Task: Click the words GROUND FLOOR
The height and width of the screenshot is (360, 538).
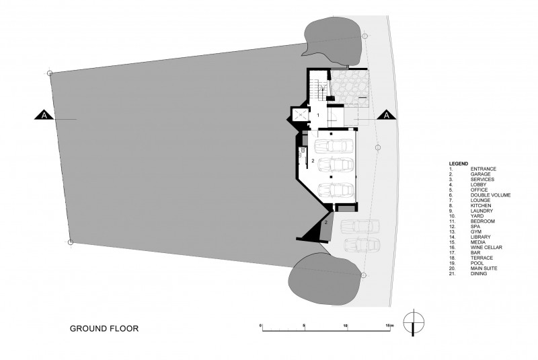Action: click(104, 328)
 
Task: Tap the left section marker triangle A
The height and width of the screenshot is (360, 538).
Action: click(44, 115)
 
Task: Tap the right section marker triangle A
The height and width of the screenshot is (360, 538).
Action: click(387, 115)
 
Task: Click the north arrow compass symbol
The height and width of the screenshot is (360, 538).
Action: click(414, 323)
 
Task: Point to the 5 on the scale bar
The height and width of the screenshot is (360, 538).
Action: click(304, 325)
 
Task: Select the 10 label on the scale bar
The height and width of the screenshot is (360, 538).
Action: click(346, 325)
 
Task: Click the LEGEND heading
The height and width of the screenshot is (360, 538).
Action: click(459, 164)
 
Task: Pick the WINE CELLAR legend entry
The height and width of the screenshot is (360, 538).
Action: click(486, 248)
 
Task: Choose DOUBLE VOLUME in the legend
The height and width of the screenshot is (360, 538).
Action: click(490, 195)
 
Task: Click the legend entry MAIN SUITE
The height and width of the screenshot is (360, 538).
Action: click(484, 268)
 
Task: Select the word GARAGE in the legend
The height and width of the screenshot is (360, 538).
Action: click(480, 174)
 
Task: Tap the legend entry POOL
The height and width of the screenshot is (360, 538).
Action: click(477, 263)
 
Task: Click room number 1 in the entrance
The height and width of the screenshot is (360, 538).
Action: click(318, 115)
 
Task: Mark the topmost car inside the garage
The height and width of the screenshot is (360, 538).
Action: click(334, 145)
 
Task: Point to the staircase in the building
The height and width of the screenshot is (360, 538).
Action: click(315, 89)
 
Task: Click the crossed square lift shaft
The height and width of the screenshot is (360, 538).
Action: click(300, 116)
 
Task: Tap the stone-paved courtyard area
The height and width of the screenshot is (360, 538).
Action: click(349, 87)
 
